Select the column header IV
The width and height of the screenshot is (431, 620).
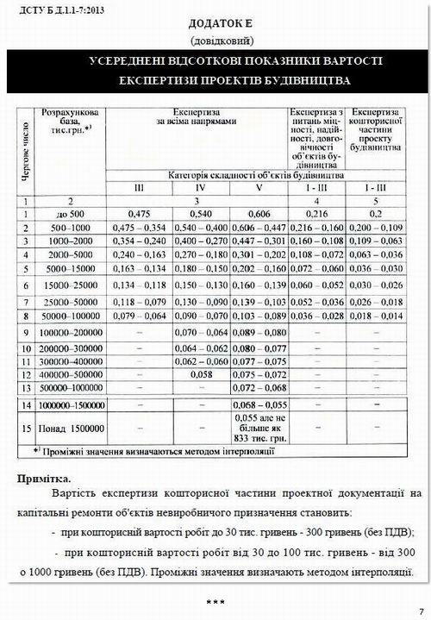coord(200,186)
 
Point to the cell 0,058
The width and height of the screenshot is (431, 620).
coord(200,375)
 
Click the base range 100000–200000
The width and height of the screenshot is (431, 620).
coord(71,332)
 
